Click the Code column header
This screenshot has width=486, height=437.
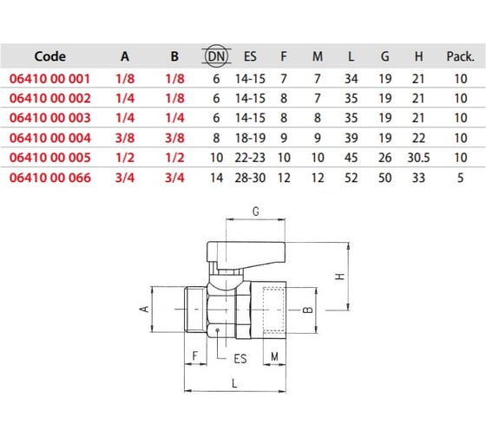49,56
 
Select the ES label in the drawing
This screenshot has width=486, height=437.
240,356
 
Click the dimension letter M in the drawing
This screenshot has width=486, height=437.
275,356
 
